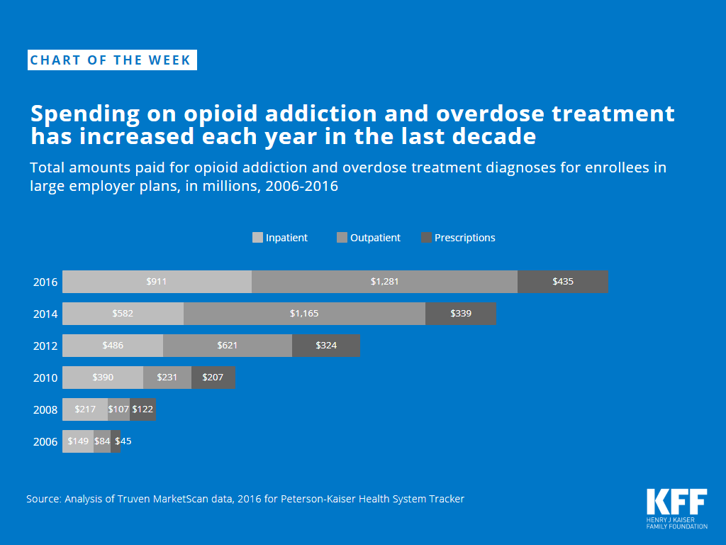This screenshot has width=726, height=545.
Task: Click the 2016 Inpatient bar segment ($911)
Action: coord(157,282)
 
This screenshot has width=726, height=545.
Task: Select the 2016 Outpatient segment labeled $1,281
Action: coord(384,282)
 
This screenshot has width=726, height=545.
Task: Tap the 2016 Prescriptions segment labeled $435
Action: coord(563,282)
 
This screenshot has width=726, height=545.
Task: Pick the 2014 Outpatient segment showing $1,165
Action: coord(304,314)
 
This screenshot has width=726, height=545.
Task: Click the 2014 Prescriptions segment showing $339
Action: coord(461,314)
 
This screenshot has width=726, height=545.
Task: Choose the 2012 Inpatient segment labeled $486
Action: coord(113,346)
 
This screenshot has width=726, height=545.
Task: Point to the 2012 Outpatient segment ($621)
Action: coord(227,346)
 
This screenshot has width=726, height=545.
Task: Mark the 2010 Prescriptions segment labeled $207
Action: coord(213,378)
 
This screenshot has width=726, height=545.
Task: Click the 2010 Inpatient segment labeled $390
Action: coord(103,378)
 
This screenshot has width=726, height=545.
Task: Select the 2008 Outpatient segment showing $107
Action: coord(118,409)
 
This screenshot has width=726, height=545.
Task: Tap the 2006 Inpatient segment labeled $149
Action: coord(78,441)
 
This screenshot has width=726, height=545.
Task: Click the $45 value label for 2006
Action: coord(123,441)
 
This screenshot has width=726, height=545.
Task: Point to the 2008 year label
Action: coord(45,409)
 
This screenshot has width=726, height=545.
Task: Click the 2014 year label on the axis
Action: coord(45,314)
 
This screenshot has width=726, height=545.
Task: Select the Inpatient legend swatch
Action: coord(257,238)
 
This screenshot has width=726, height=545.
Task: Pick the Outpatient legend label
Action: coord(375,238)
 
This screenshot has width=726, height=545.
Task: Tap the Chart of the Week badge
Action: coord(112,60)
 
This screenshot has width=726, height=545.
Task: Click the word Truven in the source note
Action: coord(137,499)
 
